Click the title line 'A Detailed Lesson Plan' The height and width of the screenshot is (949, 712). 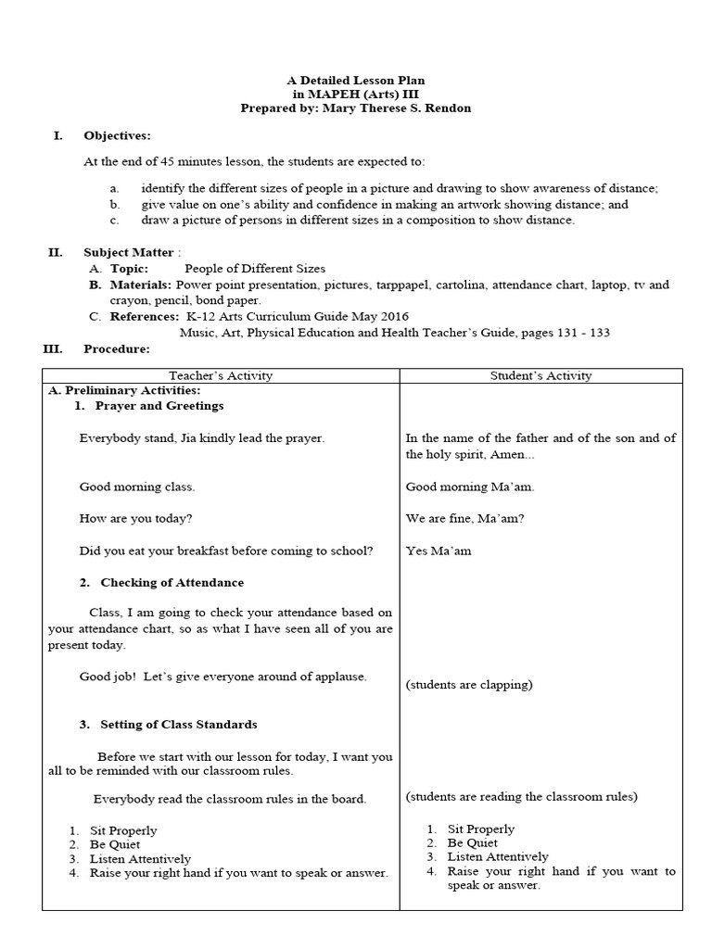point(355,81)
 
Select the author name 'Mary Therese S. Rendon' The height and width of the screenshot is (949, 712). point(395,108)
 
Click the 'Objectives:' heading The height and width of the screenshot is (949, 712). point(117,135)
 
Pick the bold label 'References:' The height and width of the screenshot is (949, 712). point(145,316)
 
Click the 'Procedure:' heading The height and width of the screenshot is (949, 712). point(116,348)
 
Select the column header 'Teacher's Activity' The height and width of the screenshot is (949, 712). point(221,375)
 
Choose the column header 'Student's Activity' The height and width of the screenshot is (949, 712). point(540,375)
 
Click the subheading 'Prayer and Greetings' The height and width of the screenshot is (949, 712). point(159,406)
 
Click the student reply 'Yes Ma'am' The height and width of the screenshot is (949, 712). point(439,550)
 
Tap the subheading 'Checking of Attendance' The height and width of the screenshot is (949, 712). point(172,582)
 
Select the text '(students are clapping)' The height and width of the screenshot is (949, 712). point(469,685)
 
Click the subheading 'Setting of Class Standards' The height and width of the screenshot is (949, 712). point(179,724)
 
